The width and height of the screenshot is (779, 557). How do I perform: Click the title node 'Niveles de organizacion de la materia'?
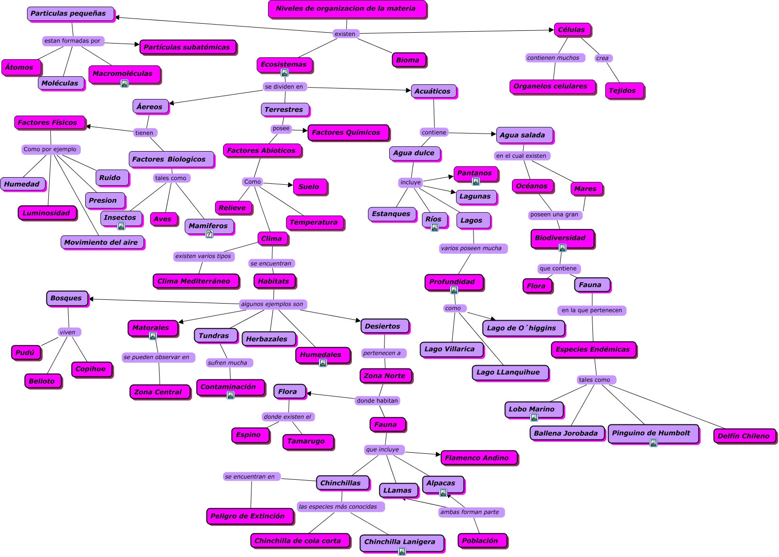tap(347, 9)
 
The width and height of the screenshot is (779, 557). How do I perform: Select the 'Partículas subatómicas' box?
tap(188, 47)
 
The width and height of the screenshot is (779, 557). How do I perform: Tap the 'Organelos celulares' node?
tap(552, 87)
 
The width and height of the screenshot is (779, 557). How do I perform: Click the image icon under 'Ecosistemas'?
tap(285, 72)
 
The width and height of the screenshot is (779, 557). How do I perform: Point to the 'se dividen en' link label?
tap(284, 87)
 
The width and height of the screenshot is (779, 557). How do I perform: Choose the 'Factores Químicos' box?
tap(347, 133)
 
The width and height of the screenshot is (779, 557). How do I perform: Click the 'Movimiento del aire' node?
tap(101, 242)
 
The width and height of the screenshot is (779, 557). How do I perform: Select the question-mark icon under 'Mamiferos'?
tap(209, 234)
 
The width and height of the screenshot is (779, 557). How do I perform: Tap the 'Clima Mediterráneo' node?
tap(194, 281)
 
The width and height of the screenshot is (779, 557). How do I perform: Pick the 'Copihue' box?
tap(91, 369)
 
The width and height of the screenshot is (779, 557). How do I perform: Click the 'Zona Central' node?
tap(159, 392)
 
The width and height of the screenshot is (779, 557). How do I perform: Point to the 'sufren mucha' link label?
tap(228, 363)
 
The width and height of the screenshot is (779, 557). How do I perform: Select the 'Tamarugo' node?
tap(307, 441)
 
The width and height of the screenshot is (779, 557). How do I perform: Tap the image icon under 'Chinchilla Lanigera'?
tap(402, 551)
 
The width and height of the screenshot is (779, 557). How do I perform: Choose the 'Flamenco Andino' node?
tap(478, 458)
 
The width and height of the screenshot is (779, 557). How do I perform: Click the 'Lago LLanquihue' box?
tap(509, 372)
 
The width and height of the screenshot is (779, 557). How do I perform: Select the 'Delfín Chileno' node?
tap(744, 436)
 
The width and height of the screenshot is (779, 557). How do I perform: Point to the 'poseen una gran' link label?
tap(555, 215)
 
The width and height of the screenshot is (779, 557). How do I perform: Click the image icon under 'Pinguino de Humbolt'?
tap(654, 443)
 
